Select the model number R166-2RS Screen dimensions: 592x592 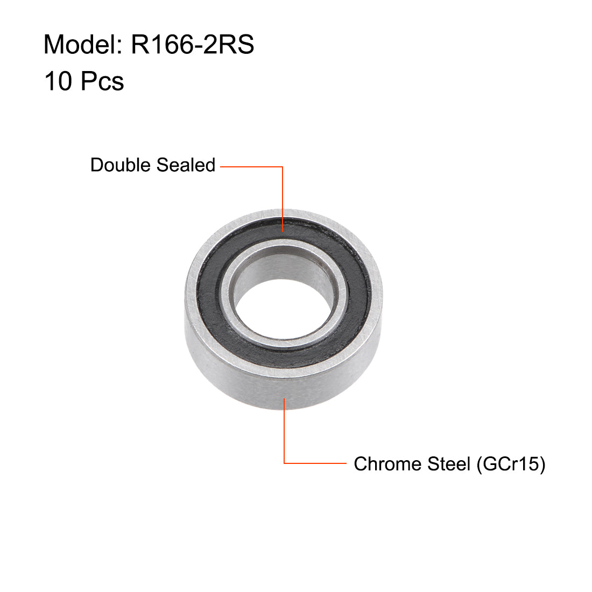192,45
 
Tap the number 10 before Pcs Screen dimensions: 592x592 58,82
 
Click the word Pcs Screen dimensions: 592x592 102,82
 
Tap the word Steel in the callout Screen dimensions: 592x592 448,463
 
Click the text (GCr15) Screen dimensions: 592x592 511,463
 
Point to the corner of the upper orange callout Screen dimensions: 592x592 283,167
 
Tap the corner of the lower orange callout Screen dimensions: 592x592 284,463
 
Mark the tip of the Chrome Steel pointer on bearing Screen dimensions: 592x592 284,398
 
